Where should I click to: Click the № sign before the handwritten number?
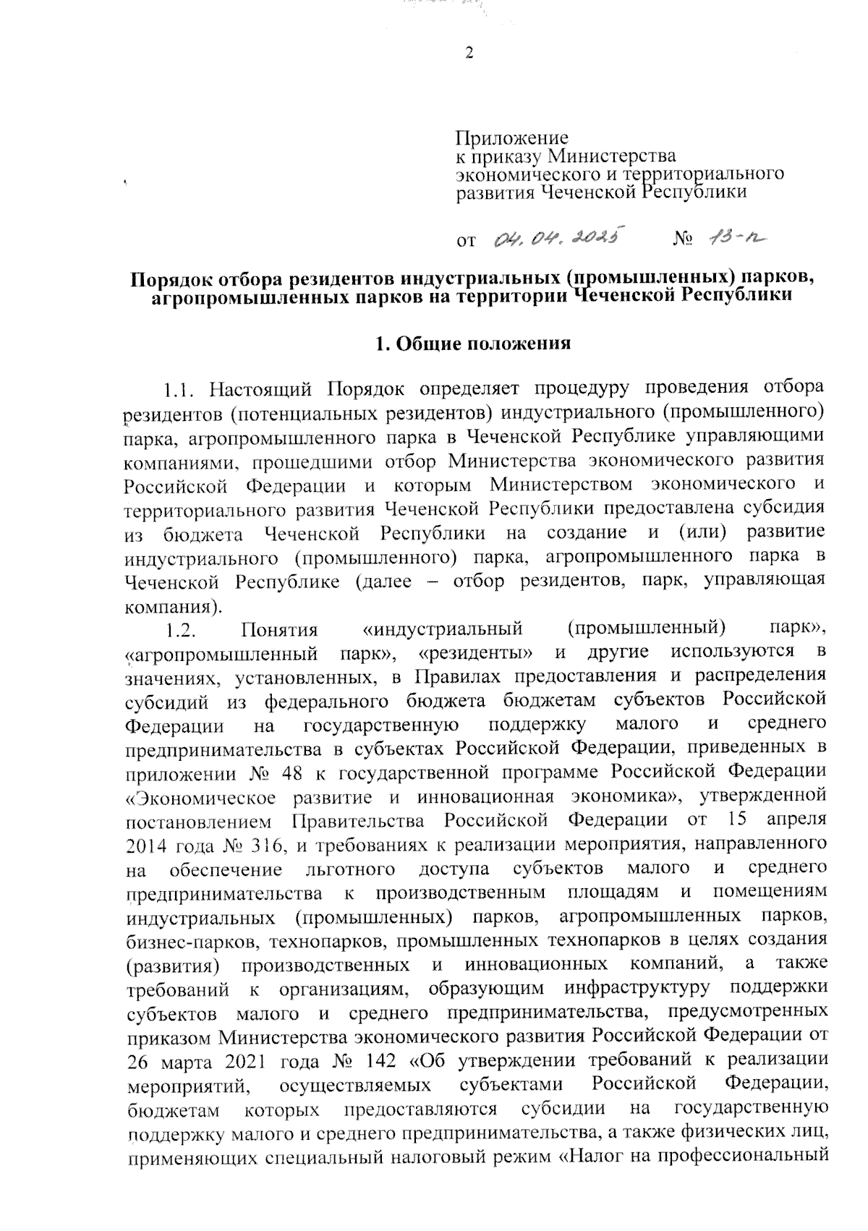[684, 239]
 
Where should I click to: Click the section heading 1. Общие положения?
[470, 344]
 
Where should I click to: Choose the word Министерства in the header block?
[612, 156]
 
